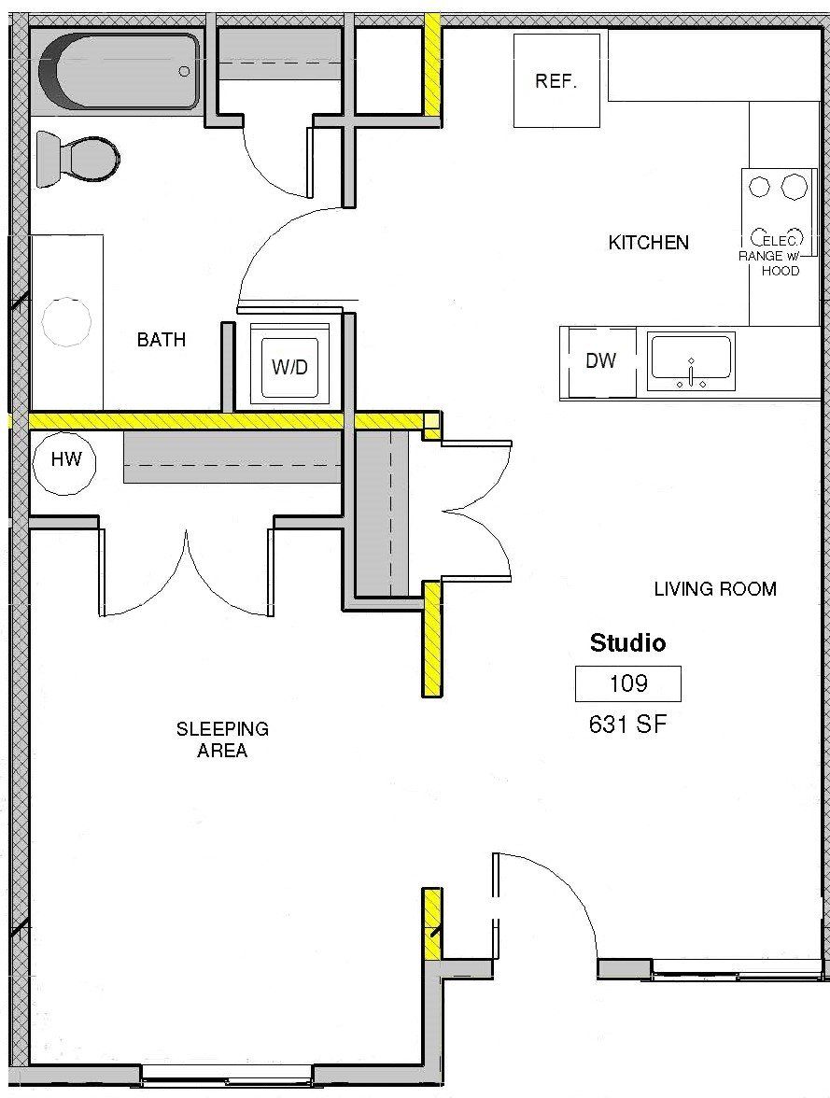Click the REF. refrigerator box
click(x=556, y=80)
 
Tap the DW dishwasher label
click(x=600, y=361)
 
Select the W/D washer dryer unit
click(x=289, y=366)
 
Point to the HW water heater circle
click(x=66, y=459)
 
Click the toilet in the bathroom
click(x=78, y=158)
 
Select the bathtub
click(x=116, y=71)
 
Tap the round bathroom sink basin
click(x=66, y=322)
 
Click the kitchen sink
click(x=692, y=361)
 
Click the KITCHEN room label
click(x=648, y=243)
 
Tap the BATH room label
click(x=161, y=340)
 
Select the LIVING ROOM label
click(x=714, y=589)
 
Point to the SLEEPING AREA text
click(x=222, y=739)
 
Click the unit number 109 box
click(x=627, y=684)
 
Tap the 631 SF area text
click(x=627, y=724)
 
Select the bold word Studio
click(x=627, y=643)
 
